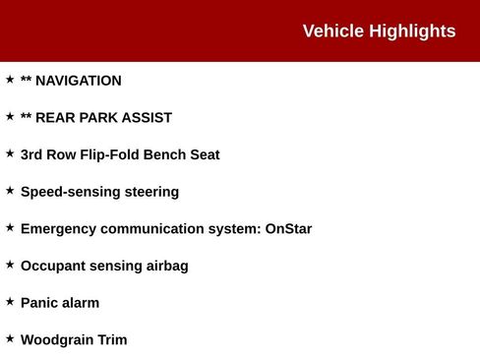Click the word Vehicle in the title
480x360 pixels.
pos(333,31)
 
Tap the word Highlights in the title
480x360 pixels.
pos(412,31)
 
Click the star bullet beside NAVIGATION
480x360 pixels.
pos(10,80)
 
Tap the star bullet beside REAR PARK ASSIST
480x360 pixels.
pos(10,116)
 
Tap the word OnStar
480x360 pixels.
pos(288,229)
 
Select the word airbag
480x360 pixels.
pos(165,267)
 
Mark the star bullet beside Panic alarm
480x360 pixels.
pos(10,302)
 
